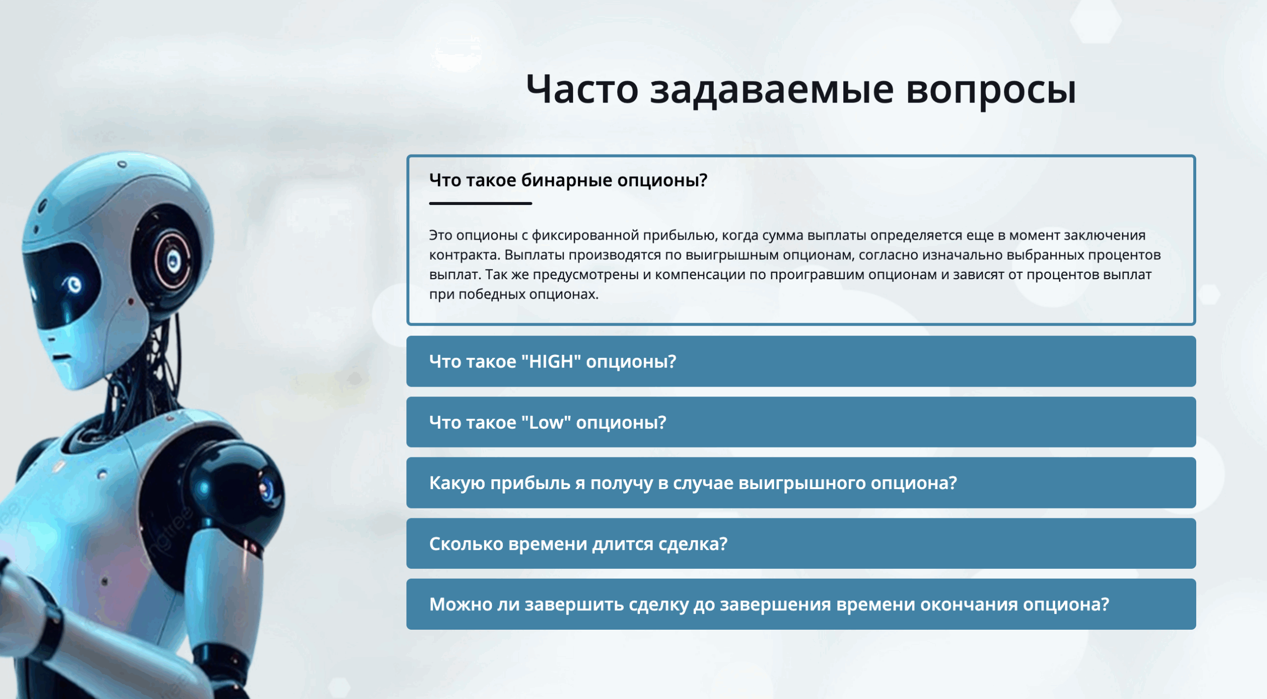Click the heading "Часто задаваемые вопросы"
tap(801, 90)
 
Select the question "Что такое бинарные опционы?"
tap(568, 180)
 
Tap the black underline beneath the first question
tap(480, 203)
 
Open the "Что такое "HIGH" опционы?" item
tap(801, 361)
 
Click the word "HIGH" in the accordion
tap(555, 361)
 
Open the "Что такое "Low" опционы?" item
tap(801, 422)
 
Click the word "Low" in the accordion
tap(546, 422)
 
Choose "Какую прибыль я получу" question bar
tap(801, 483)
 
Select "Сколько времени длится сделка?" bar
tap(801, 544)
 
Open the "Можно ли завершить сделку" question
tap(801, 604)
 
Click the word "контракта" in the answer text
tap(464, 255)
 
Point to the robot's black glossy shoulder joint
tap(233, 490)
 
